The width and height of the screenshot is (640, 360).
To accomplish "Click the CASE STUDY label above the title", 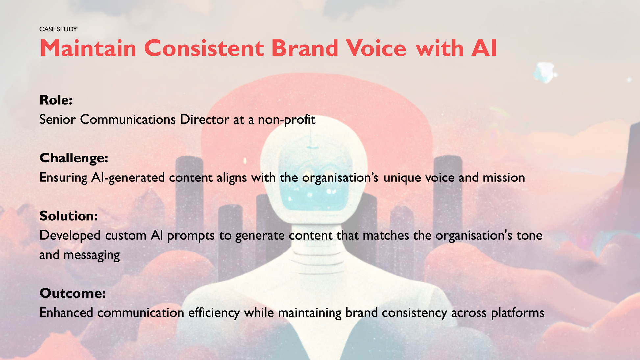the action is click(58, 29).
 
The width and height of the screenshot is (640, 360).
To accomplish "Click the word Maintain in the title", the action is click(88, 48).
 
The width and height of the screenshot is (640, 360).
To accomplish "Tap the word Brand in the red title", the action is click(305, 48).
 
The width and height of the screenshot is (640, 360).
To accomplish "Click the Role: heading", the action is click(56, 100).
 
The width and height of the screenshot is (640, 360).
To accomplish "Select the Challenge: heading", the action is click(74, 158).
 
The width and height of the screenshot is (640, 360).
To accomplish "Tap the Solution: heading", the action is click(69, 216).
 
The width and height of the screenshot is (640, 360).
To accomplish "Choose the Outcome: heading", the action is click(73, 293).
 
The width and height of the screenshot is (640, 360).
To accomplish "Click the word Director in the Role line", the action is click(205, 119).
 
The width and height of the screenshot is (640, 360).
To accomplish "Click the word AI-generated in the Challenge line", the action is click(128, 178).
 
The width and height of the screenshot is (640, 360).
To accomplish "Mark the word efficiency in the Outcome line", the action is click(214, 313).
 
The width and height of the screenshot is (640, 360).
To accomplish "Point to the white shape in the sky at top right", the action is click(545, 72).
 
